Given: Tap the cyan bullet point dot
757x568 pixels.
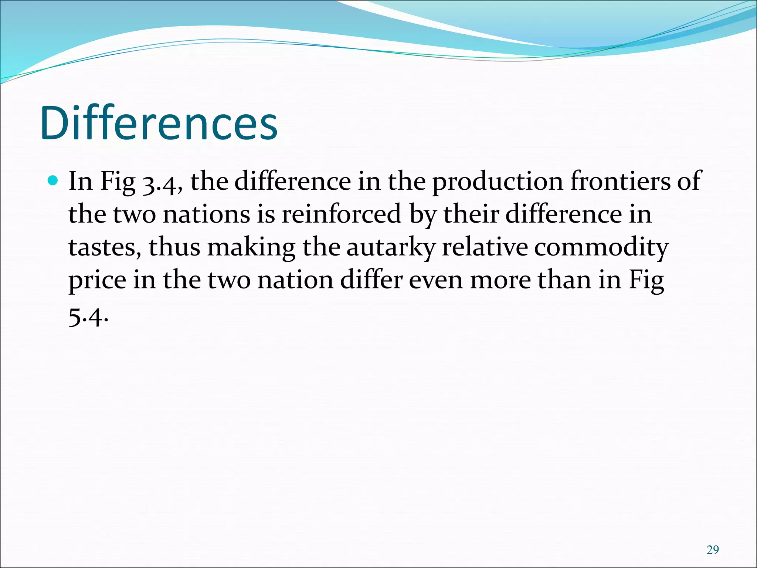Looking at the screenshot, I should point(53,181).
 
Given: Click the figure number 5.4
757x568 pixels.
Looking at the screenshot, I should point(88,317).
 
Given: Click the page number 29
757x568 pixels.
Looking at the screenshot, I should point(713,550).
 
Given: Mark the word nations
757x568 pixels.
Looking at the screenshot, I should point(206,214).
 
